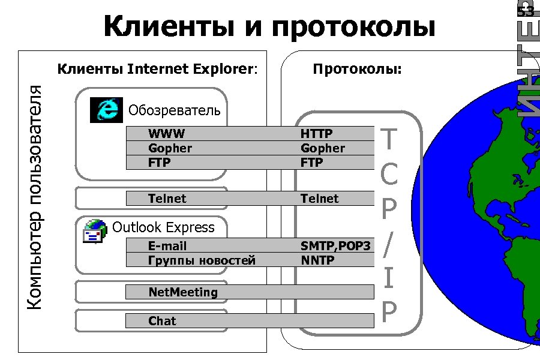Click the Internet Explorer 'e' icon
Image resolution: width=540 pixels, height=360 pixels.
tap(106, 110)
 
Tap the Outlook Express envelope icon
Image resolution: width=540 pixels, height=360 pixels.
tap(95, 231)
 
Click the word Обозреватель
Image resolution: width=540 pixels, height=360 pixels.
tap(175, 110)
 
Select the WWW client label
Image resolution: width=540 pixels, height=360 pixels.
tap(167, 133)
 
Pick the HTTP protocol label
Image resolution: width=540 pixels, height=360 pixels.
tap(316, 133)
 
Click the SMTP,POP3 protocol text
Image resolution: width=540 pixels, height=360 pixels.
tap(335, 246)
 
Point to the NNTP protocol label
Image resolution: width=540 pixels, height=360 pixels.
tap(317, 260)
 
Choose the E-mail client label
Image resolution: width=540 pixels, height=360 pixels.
tap(167, 246)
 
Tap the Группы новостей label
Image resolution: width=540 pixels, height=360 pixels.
tap(202, 260)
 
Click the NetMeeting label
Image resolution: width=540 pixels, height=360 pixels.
tap(183, 292)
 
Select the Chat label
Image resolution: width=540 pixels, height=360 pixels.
tap(162, 321)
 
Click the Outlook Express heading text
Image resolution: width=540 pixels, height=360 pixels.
tap(163, 227)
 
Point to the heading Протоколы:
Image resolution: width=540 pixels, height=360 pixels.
tap(357, 69)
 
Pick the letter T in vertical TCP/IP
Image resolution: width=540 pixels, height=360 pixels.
tap(389, 140)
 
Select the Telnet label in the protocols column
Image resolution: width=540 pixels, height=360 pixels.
tap(319, 199)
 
